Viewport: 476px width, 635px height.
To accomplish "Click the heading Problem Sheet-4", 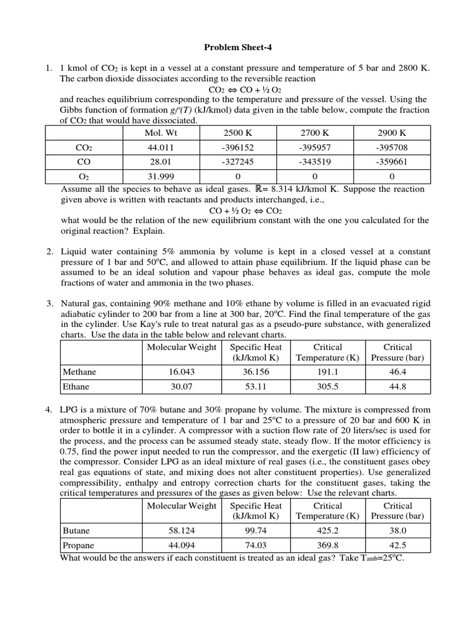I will point(237,47).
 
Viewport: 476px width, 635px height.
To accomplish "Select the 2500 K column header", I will point(238,133).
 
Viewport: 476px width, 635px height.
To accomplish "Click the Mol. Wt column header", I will point(161,133).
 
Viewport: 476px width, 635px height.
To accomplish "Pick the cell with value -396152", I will point(238,148).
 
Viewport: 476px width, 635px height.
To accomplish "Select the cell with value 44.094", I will point(182,546).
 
